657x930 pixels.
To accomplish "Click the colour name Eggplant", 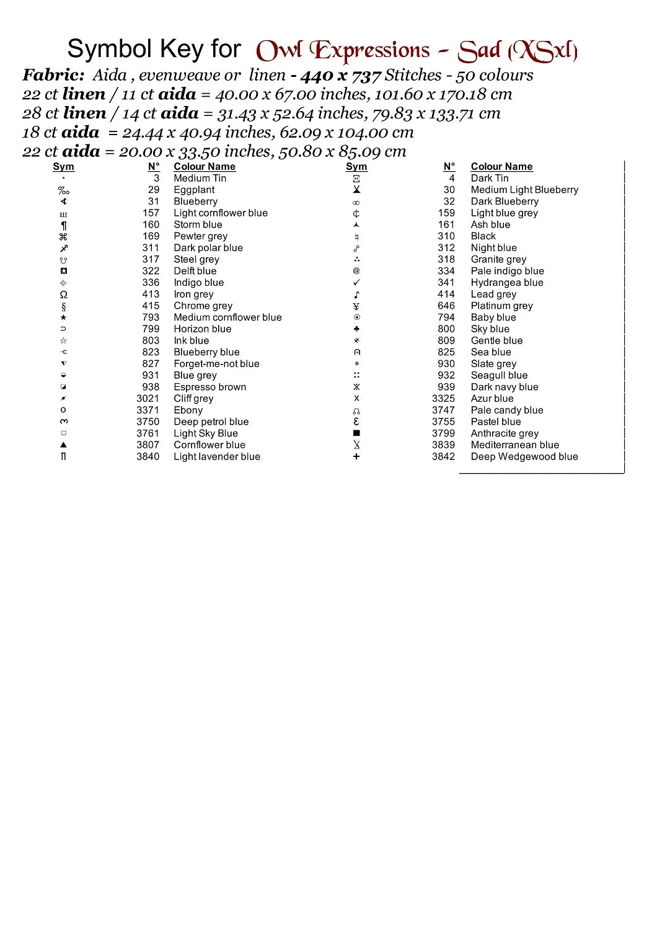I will (x=194, y=190).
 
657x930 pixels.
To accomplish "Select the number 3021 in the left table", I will (x=148, y=399).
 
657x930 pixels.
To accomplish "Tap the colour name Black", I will (x=483, y=236).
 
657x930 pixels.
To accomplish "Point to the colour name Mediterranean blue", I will (x=514, y=445).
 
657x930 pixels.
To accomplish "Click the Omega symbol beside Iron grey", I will (x=63, y=294).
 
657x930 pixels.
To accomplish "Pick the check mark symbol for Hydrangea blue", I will (x=356, y=283).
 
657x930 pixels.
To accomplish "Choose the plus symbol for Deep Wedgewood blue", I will (x=356, y=457).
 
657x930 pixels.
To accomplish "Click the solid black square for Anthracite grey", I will (x=356, y=433).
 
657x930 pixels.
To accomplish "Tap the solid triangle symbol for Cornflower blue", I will (x=63, y=445).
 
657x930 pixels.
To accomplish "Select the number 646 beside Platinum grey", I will (x=446, y=306).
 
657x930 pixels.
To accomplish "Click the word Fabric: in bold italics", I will (x=54, y=75).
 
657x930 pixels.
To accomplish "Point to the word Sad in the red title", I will (x=479, y=51).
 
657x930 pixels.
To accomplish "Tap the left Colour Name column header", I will (x=205, y=167).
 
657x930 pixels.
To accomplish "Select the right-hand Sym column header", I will (x=356, y=167).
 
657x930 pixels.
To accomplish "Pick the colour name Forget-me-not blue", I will (x=216, y=364).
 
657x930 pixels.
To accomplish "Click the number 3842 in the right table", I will (x=443, y=457).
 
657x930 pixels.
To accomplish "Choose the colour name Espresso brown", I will (x=209, y=387).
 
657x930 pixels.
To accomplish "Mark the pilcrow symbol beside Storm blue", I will (x=63, y=225).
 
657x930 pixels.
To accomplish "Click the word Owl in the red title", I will (x=279, y=51).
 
